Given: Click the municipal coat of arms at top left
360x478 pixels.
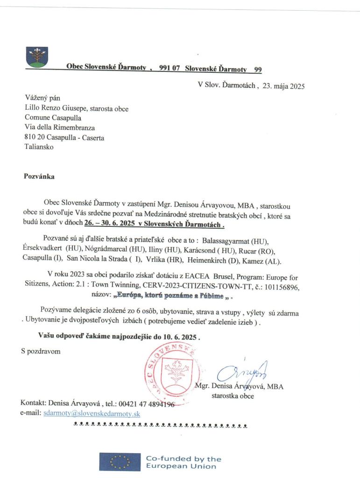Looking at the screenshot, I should (x=37, y=57).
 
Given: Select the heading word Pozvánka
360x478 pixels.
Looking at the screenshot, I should (x=39, y=177).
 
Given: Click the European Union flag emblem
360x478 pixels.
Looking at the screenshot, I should (x=119, y=462).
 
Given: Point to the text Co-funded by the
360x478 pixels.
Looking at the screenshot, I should (x=184, y=458).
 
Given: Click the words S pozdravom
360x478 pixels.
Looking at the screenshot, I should (x=41, y=351).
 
